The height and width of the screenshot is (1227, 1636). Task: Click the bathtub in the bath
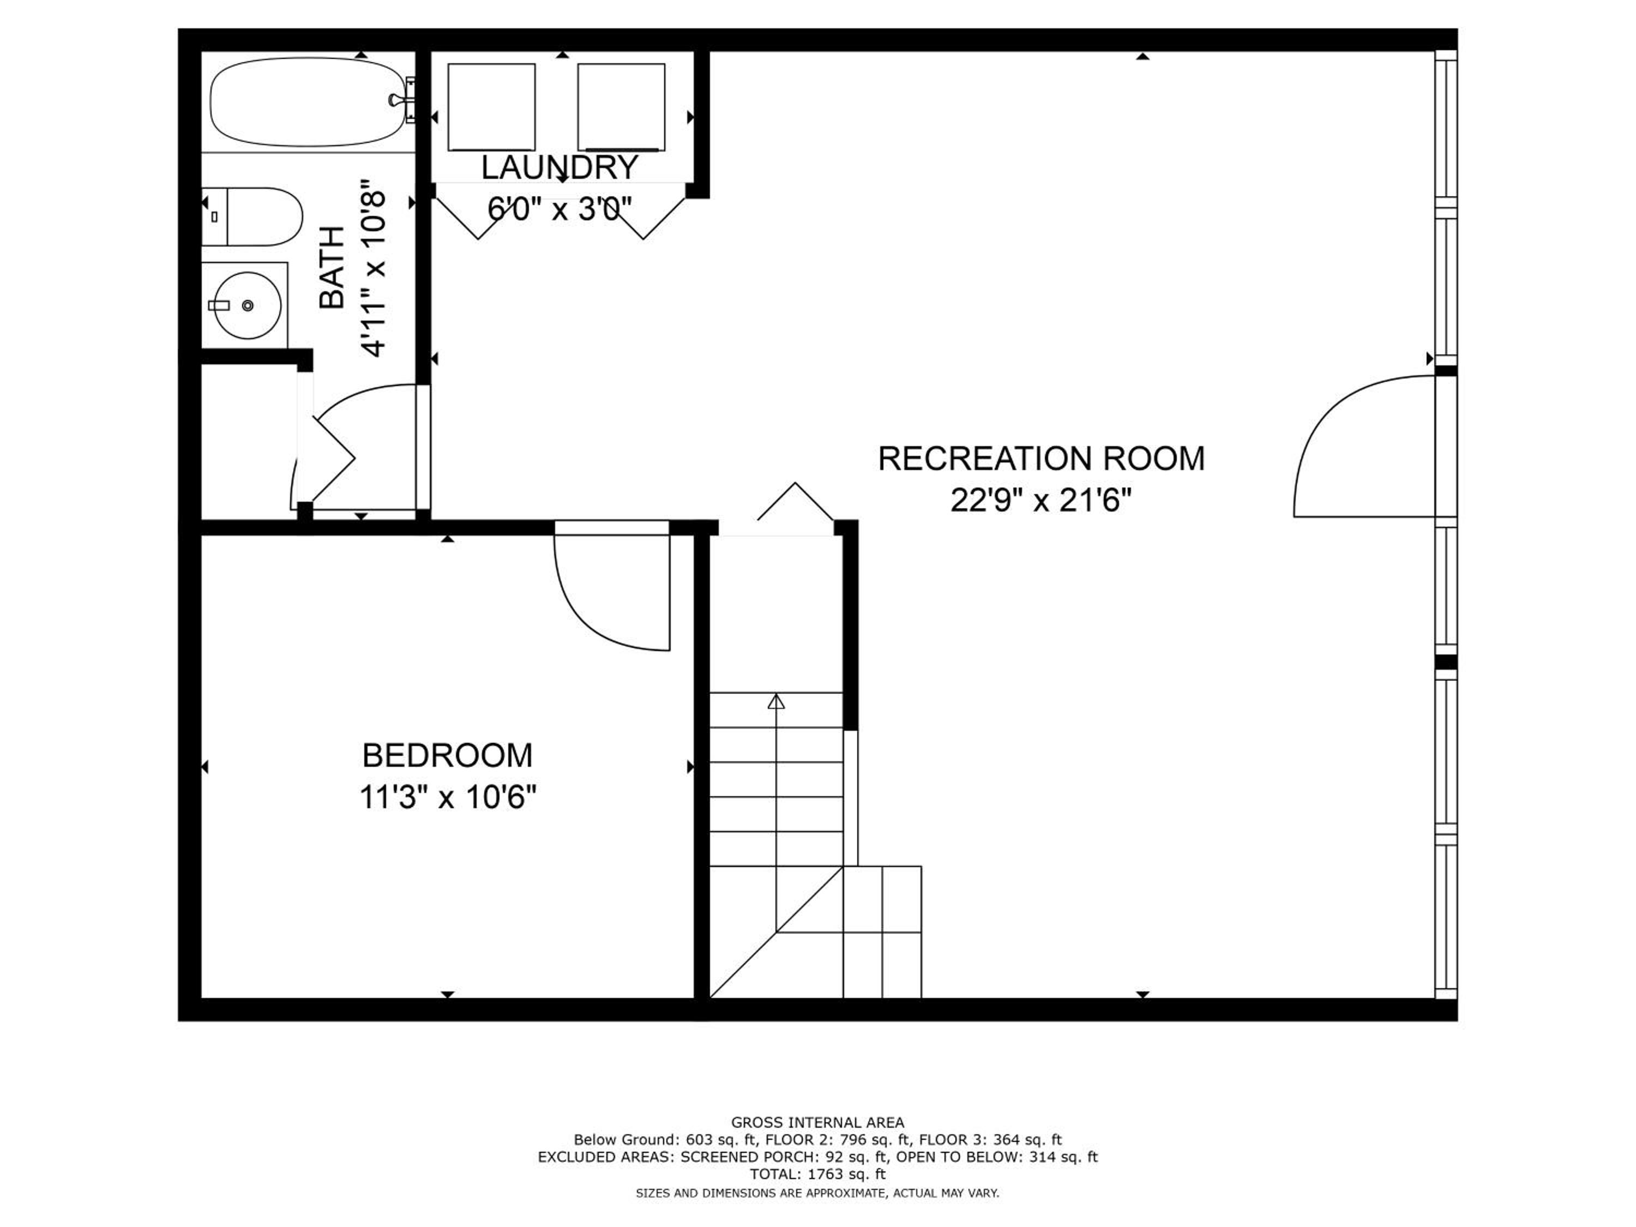click(309, 103)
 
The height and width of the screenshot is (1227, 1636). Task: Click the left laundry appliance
click(491, 107)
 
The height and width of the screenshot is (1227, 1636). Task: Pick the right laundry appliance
click(621, 107)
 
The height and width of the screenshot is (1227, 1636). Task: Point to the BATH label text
click(332, 267)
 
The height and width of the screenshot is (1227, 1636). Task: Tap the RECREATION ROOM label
click(1042, 459)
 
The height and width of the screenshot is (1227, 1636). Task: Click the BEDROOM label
click(448, 756)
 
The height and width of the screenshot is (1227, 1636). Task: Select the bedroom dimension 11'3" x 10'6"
click(448, 798)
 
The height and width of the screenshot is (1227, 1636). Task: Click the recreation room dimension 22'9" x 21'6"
click(1042, 502)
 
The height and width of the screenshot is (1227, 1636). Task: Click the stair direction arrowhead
click(776, 701)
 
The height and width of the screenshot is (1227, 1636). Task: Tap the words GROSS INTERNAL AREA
click(817, 1123)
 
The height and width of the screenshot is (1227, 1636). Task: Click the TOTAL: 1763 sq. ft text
click(817, 1174)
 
